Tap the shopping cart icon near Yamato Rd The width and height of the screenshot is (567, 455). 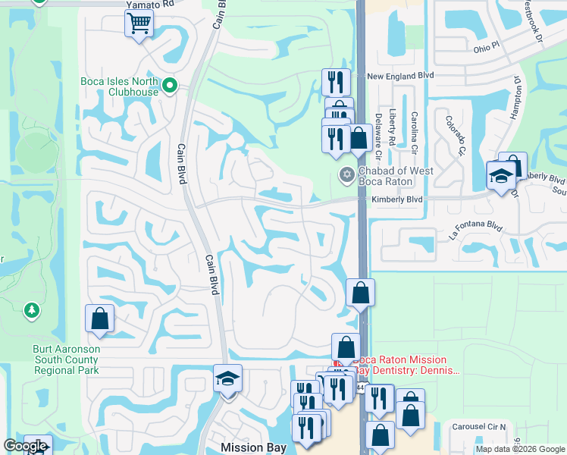(139, 24)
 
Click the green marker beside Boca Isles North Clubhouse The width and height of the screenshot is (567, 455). (170, 86)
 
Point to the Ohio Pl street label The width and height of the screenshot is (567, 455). (487, 47)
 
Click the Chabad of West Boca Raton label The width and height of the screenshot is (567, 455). (396, 176)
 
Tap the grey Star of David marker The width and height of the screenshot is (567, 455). (346, 176)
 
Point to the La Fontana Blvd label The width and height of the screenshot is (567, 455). (475, 230)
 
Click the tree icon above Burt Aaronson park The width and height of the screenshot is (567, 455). (31, 310)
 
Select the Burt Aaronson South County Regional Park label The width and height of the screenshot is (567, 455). (67, 359)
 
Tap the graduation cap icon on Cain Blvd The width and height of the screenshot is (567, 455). (227, 378)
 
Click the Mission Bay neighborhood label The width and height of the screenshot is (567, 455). (253, 447)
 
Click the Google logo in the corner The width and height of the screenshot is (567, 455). (25, 447)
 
